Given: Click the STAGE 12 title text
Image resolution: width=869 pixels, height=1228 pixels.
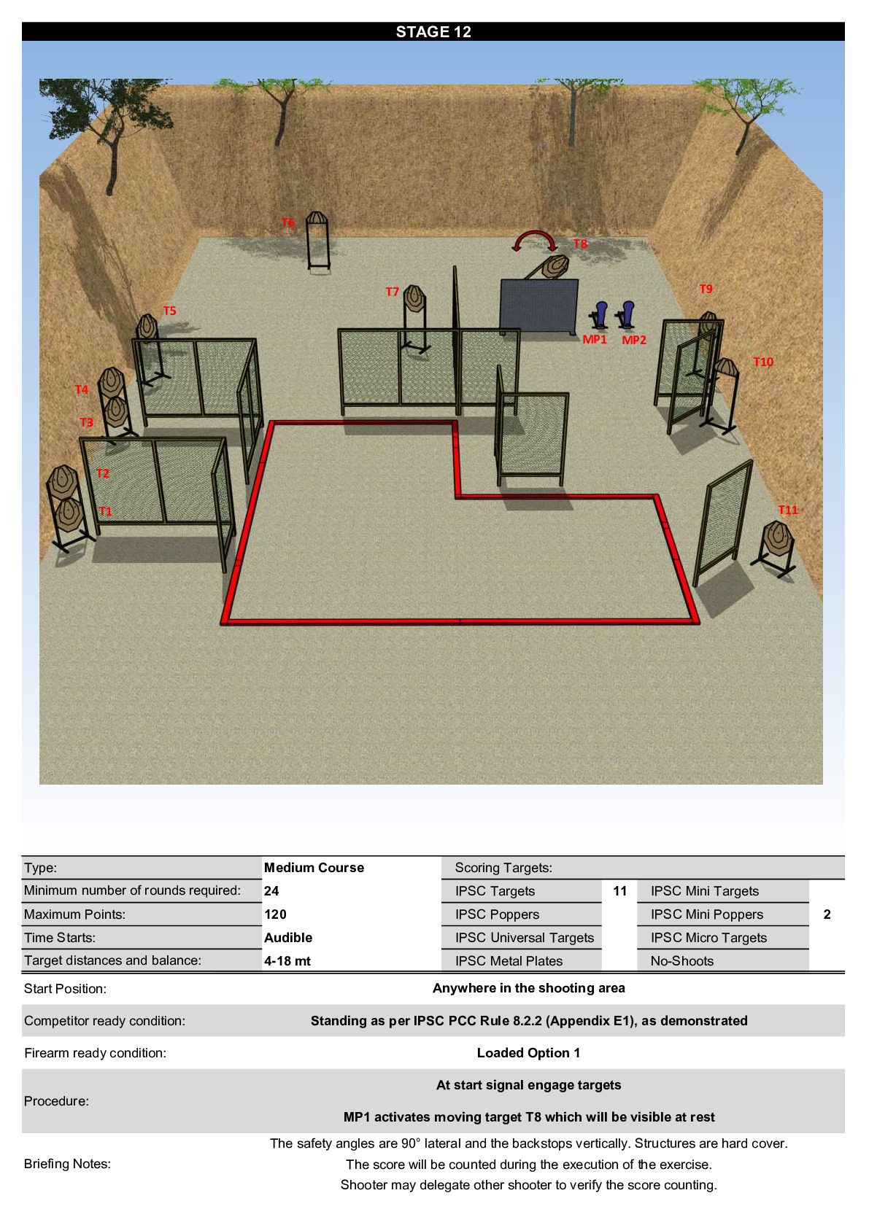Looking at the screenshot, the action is point(433,32).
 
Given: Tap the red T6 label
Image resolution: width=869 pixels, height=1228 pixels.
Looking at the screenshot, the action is point(288,222).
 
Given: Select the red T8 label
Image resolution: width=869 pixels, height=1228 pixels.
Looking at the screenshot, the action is point(580,244).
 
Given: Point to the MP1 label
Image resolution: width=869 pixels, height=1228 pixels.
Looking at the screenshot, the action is point(594,339).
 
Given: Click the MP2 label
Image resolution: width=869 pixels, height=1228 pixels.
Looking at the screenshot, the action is point(633,340).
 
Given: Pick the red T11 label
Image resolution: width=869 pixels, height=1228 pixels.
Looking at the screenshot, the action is point(788,510).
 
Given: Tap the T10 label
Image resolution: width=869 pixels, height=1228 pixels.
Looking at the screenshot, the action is point(763,362).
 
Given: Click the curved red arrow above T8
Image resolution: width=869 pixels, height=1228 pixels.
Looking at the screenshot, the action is point(535,233).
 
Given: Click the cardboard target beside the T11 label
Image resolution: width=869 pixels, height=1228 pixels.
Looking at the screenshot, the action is point(778,539).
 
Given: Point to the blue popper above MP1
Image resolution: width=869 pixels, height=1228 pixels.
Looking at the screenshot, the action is point(601,314).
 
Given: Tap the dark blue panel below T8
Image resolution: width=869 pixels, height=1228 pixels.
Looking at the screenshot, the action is point(538,306).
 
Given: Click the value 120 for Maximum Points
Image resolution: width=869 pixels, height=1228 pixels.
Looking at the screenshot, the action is point(275,914).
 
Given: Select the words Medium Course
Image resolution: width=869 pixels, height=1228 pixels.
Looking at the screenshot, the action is point(314,867).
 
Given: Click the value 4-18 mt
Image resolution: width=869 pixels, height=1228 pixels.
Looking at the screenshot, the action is point(287,960).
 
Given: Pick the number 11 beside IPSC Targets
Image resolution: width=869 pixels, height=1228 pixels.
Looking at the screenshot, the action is point(620,891).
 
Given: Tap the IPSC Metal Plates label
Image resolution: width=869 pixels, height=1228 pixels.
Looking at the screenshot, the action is point(509,960).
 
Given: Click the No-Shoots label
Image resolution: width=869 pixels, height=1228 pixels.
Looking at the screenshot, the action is point(682,960).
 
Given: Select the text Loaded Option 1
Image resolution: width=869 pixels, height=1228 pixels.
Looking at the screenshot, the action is point(528,1052).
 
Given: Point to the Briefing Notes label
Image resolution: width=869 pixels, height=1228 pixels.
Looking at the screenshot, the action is point(67,1163).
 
